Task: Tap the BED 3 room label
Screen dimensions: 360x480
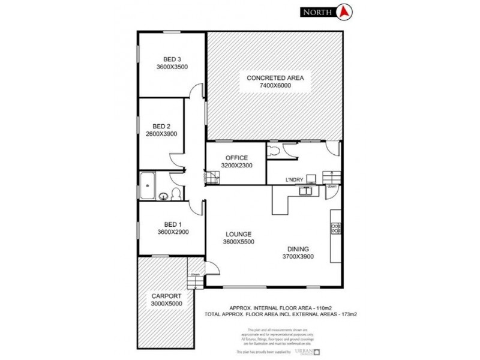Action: [172, 59]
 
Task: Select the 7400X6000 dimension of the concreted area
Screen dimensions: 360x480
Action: [275, 86]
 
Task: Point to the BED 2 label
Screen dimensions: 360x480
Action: [161, 126]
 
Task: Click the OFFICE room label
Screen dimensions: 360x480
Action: [236, 158]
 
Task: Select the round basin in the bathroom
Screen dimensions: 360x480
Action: [163, 194]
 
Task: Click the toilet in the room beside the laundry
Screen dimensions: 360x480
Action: [274, 150]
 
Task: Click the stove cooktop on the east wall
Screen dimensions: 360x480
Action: [336, 228]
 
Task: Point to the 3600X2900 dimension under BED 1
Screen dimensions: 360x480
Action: [173, 232]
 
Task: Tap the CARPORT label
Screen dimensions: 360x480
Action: [166, 296]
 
